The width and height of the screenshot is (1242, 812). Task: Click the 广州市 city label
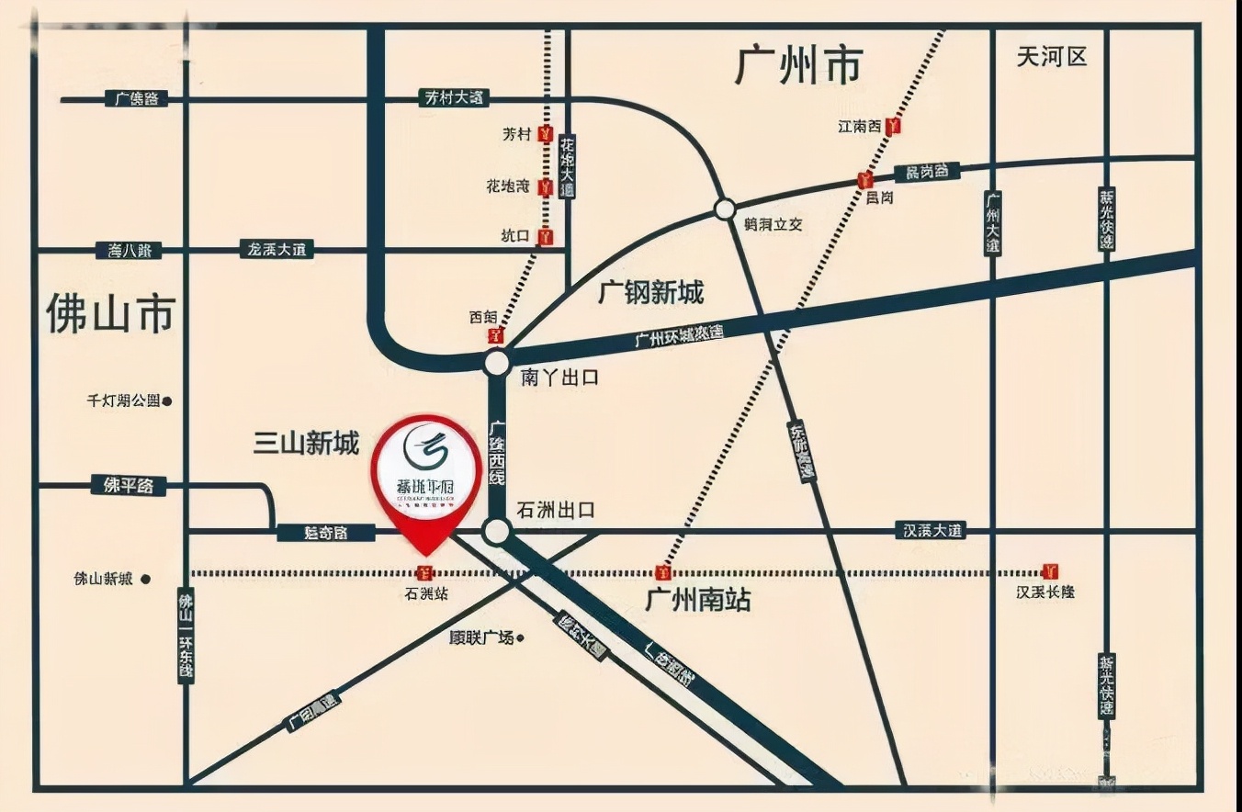pyautogui.click(x=799, y=66)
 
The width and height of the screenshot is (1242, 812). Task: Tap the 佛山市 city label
pyautogui.click(x=110, y=314)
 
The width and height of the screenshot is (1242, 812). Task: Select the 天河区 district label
pyautogui.click(x=1052, y=57)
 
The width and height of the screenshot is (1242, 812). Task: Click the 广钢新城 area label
pyautogui.click(x=650, y=293)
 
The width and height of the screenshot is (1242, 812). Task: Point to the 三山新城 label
pyautogui.click(x=306, y=445)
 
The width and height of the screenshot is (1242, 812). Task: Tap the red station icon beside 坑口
pyautogui.click(x=547, y=237)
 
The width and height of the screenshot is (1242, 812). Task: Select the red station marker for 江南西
pyautogui.click(x=893, y=127)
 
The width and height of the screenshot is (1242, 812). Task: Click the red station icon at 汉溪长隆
pyautogui.click(x=1051, y=571)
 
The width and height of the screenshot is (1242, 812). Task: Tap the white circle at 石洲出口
pyautogui.click(x=497, y=530)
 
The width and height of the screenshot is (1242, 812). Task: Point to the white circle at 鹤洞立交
pyautogui.click(x=723, y=209)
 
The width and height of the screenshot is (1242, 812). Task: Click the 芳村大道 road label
pyautogui.click(x=454, y=97)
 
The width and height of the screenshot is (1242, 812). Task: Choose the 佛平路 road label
pyautogui.click(x=129, y=485)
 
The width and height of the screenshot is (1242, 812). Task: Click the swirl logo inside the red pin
pyautogui.click(x=425, y=449)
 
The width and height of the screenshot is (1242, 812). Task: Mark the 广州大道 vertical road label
pyautogui.click(x=992, y=223)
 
